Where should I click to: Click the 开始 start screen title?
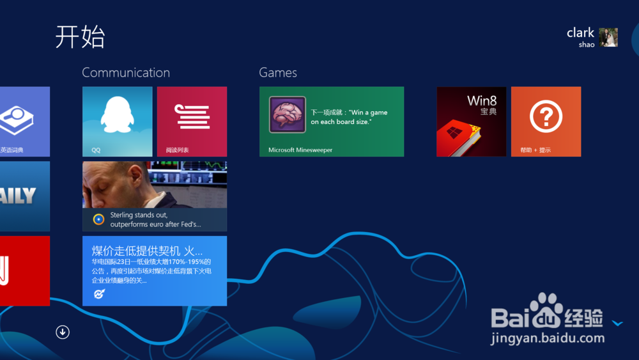pyautogui.click(x=80, y=37)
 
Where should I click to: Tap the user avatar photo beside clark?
pyautogui.click(x=608, y=38)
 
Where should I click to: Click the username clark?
pyautogui.click(x=580, y=33)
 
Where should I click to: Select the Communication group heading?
pyautogui.click(x=126, y=73)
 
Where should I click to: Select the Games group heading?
pyautogui.click(x=278, y=73)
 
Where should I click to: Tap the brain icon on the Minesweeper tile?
pyautogui.click(x=287, y=114)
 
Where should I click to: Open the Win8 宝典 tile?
pyautogui.click(x=471, y=121)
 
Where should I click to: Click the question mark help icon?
pyautogui.click(x=546, y=117)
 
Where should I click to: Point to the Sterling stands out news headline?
pyautogui.click(x=155, y=220)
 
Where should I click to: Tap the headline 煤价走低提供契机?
pyautogui.click(x=148, y=250)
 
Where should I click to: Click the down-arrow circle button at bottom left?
pyautogui.click(x=63, y=332)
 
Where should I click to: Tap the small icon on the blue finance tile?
pyautogui.click(x=98, y=293)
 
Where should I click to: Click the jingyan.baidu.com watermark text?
pyautogui.click(x=548, y=338)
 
